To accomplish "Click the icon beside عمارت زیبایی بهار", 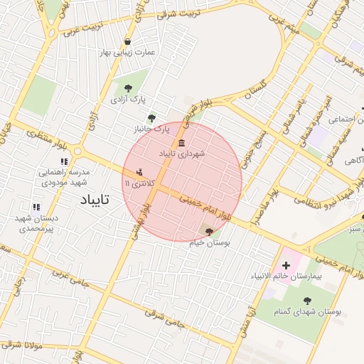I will pyautogui.click(x=127, y=42).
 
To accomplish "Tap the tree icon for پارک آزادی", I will pyautogui.click(x=128, y=88).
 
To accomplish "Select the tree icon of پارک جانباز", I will pyautogui.click(x=151, y=118).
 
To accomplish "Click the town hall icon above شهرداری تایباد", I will pyautogui.click(x=182, y=142).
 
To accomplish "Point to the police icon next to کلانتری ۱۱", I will pyautogui.click(x=139, y=172).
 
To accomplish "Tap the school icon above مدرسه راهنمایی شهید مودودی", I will pyautogui.click(x=65, y=161).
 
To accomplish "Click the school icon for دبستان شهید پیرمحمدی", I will pyautogui.click(x=36, y=207).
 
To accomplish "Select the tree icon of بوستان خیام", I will pyautogui.click(x=208, y=231).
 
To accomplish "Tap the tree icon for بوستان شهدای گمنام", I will pyautogui.click(x=307, y=301).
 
